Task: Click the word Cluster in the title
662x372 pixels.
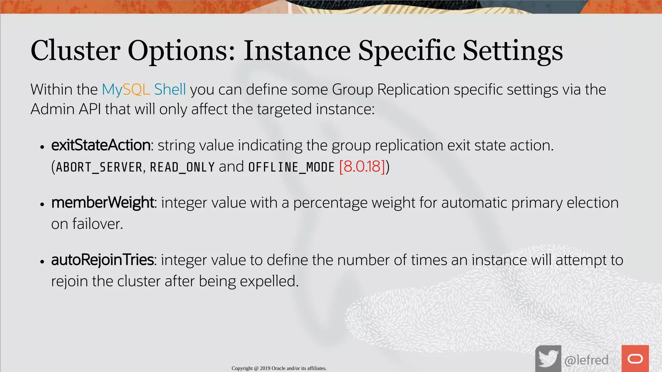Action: click(75, 50)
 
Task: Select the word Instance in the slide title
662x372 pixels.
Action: click(297, 50)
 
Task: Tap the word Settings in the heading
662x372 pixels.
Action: click(513, 51)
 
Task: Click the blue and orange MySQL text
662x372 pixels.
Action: click(126, 89)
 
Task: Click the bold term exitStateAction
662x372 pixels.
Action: click(101, 145)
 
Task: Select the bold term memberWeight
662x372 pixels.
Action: click(102, 203)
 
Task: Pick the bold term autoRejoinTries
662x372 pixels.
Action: click(102, 260)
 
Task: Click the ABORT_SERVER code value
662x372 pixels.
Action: click(99, 167)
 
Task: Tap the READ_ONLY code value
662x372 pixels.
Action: click(182, 167)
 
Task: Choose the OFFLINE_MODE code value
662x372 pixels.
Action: click(291, 167)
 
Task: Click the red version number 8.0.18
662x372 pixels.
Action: click(362, 167)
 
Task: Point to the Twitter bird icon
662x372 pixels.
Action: click(548, 359)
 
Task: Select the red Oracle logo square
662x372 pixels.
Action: click(635, 358)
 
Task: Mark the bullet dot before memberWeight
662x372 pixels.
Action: click(42, 204)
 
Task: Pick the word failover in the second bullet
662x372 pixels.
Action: click(97, 224)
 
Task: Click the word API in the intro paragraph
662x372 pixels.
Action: click(90, 109)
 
